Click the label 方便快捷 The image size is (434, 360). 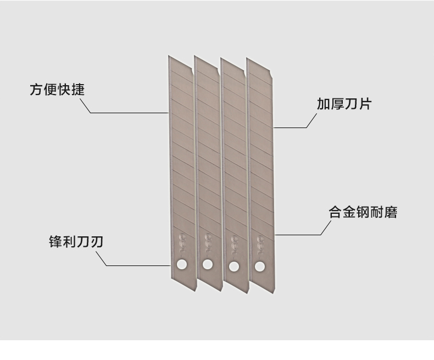coord(57,90)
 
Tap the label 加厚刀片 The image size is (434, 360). coord(344,104)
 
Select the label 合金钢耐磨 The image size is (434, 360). coord(363,213)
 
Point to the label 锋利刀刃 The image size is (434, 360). coord(75,242)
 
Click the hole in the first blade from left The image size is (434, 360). coord(181,265)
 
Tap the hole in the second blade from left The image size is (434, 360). coord(207,264)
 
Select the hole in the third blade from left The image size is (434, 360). coord(233,266)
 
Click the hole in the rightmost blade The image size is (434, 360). coord(259,267)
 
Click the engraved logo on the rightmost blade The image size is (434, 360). coord(259,241)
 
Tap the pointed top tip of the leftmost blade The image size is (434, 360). coord(169,56)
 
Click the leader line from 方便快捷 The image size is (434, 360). coord(126,113)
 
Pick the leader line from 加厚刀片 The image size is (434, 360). coord(291,128)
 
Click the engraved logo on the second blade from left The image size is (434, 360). coord(208,241)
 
